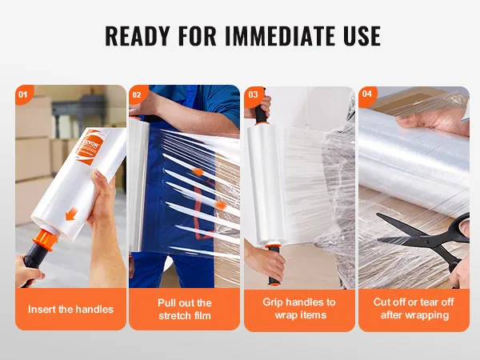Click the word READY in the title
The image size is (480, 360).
[140, 37]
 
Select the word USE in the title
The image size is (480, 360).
[357, 37]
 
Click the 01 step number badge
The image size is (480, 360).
[22, 94]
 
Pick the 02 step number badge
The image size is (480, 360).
[137, 94]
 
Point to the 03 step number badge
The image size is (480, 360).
[253, 94]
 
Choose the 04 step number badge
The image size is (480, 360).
[367, 94]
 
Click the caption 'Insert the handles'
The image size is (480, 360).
[70, 309]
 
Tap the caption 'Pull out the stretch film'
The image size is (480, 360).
[184, 309]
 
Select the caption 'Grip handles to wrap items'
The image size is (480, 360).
[299, 309]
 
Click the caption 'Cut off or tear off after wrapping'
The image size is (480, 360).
[413, 309]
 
